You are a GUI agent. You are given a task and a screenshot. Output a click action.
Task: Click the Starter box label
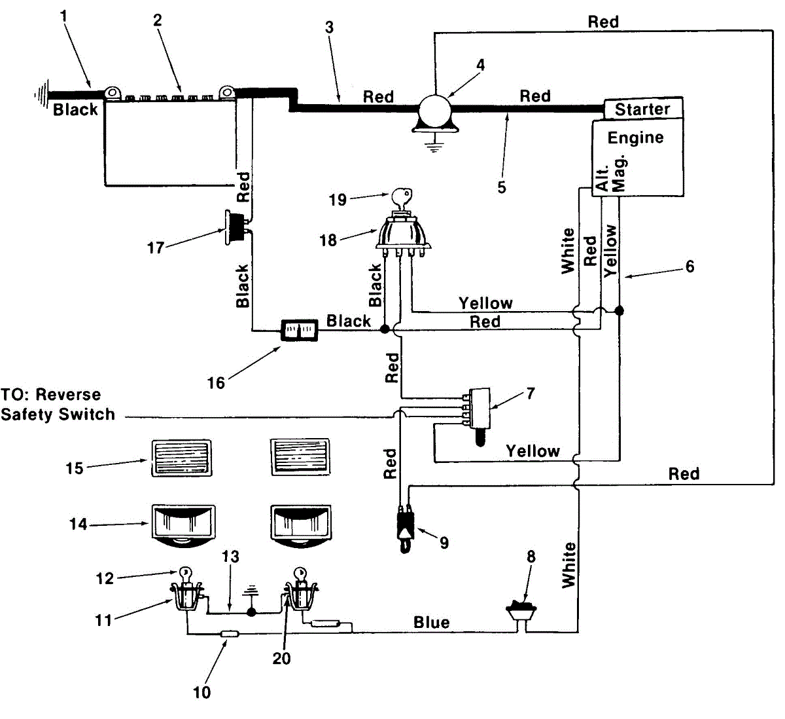[642, 109]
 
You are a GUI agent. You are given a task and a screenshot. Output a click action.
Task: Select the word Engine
[635, 138]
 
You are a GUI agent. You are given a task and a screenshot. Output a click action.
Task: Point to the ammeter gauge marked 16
[300, 330]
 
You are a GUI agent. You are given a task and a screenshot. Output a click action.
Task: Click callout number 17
[155, 248]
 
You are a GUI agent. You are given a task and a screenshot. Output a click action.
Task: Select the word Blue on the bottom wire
[432, 623]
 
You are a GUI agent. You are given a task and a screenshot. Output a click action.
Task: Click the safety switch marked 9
[405, 529]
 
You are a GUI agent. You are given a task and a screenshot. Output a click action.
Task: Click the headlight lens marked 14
[183, 526]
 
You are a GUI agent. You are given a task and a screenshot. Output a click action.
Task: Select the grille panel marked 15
[182, 458]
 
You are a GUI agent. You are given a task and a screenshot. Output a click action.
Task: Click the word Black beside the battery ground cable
[75, 110]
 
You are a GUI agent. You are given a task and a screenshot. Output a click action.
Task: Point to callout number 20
[281, 659]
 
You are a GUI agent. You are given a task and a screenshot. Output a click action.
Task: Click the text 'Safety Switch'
[58, 414]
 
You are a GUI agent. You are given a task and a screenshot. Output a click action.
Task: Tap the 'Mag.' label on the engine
[619, 174]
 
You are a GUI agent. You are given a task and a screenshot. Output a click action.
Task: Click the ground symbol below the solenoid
[434, 147]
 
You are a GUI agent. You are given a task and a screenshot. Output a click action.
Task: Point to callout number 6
[689, 267]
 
